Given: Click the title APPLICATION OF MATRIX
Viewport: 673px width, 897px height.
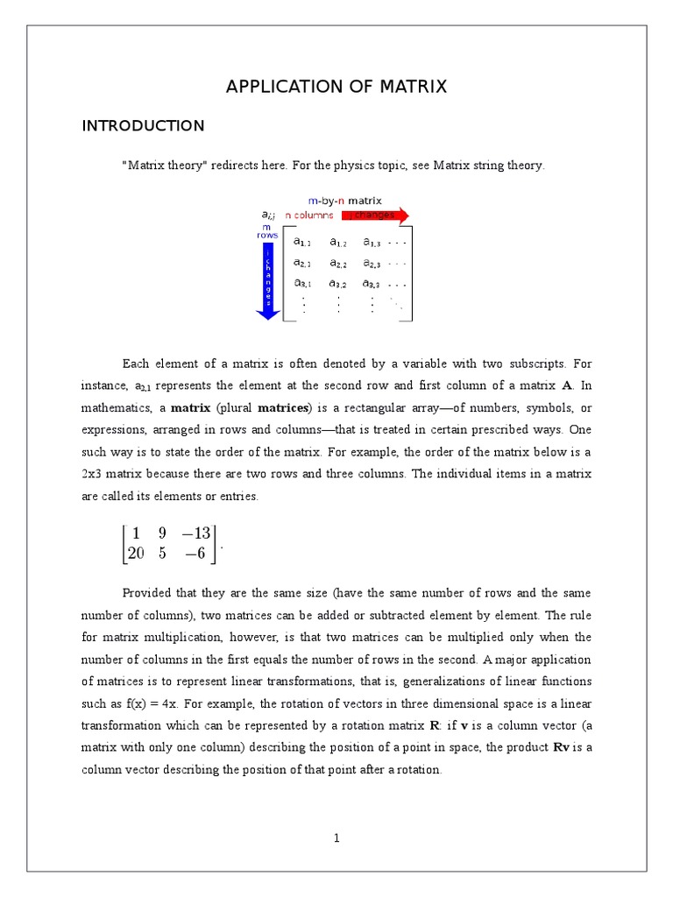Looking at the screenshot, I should point(336,87).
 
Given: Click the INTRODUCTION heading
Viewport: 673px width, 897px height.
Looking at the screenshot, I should point(143,126).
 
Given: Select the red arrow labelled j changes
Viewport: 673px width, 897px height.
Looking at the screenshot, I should point(374,215).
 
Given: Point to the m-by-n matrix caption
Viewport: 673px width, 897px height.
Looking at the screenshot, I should point(344,201).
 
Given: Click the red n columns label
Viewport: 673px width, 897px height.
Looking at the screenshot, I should point(308,215).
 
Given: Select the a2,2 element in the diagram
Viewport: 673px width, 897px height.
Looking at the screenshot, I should point(337,263).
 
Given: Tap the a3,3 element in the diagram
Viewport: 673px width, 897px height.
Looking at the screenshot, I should point(372,284).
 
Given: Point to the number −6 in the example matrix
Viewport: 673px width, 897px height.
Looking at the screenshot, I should point(197,553).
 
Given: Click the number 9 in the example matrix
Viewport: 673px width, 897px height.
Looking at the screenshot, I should point(162,533).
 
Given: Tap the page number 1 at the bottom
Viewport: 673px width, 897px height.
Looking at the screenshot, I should point(336,838).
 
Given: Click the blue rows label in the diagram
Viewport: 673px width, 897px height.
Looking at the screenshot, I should point(266,236).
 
